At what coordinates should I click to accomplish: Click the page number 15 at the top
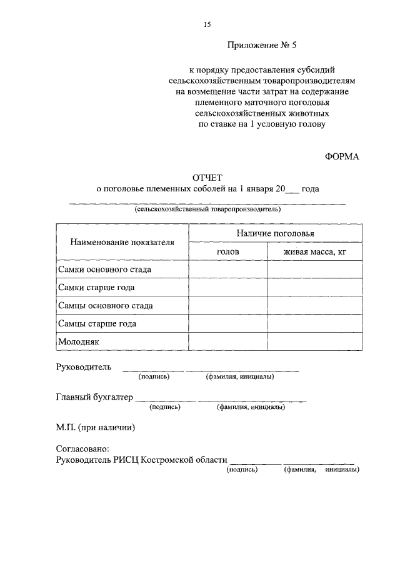click(207, 24)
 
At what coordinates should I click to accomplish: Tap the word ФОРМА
click(342, 156)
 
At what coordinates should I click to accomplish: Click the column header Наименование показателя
click(122, 242)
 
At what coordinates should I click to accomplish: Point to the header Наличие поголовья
click(275, 233)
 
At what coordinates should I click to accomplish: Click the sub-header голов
click(227, 251)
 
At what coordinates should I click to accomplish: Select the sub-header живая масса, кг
click(314, 251)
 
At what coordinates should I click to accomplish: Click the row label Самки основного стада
click(104, 270)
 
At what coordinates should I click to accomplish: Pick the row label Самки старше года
click(96, 288)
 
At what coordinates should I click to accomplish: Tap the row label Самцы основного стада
click(105, 306)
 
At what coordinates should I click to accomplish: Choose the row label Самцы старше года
click(97, 324)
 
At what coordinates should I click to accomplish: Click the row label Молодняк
click(79, 342)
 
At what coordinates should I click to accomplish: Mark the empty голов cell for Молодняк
click(228, 342)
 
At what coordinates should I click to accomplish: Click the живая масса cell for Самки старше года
click(314, 288)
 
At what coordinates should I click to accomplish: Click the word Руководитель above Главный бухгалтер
click(84, 367)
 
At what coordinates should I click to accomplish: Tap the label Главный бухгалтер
click(94, 397)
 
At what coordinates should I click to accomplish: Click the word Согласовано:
click(82, 448)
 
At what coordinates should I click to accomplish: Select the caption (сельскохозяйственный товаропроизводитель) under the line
click(207, 210)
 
